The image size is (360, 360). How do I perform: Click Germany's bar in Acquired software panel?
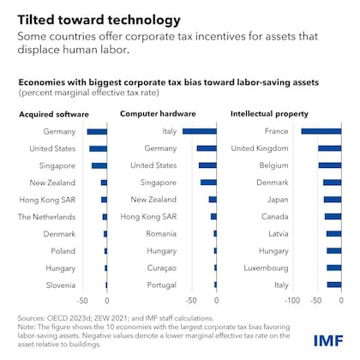tap(97, 131)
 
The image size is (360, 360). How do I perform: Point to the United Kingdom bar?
tap(329, 148)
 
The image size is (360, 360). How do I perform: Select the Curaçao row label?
tap(160, 267)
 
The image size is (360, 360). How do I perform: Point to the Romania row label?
tap(160, 233)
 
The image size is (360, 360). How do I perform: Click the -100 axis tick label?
tap(292, 301)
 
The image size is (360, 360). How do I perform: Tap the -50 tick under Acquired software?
tap(83, 301)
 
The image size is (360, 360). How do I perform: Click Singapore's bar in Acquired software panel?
tap(99, 165)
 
